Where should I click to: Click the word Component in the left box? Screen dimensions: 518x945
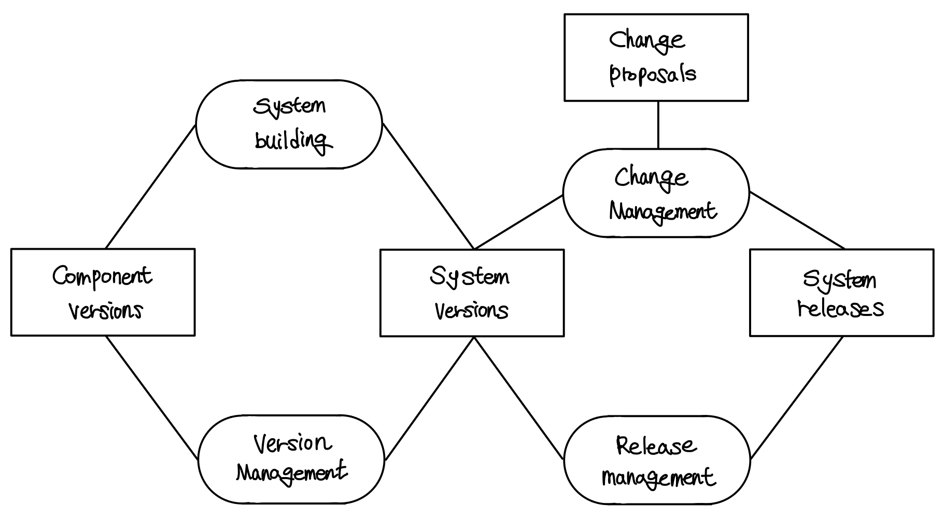pos(102,276)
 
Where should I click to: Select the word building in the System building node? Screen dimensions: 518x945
pos(292,140)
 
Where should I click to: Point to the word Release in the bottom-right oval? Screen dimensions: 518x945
pos(656,445)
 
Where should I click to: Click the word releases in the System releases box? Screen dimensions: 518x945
pos(841,308)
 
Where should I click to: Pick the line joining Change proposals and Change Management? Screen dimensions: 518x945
pos(658,125)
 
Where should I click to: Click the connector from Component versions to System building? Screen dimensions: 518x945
pos(150,186)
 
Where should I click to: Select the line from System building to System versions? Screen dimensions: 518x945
pos(428,186)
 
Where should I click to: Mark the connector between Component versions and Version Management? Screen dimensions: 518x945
pos(152,397)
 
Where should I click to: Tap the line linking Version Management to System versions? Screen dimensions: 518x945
pos(430,398)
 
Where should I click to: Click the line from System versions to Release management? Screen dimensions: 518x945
pos(518,397)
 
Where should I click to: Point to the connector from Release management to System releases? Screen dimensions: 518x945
pos(797,397)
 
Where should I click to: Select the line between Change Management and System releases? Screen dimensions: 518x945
pos(797,221)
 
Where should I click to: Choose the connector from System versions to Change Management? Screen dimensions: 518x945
pos(518,222)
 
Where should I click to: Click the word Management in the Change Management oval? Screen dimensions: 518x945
pos(662,211)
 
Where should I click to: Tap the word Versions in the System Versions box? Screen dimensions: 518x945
pos(471,311)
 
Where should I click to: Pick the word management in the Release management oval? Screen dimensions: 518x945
pos(658,478)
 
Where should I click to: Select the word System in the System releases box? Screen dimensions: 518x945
pos(840,280)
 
